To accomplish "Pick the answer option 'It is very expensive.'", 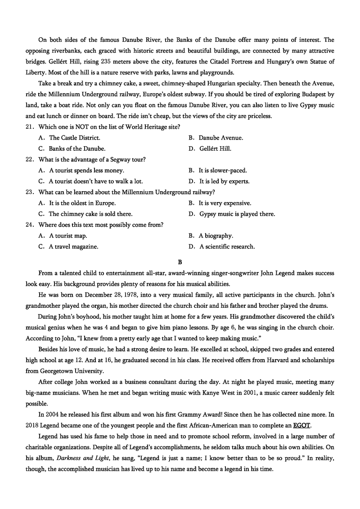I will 225,203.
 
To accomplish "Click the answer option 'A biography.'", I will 216,235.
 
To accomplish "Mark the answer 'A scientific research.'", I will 227,246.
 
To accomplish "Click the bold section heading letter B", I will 180,261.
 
